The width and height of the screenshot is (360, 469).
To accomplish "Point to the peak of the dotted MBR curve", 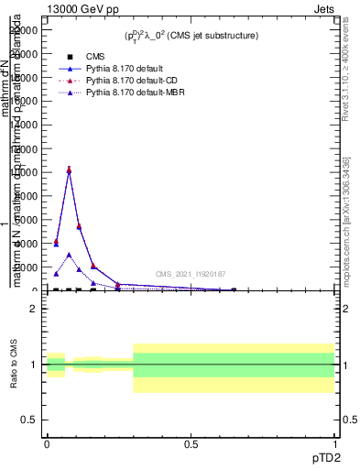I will click(x=69, y=255).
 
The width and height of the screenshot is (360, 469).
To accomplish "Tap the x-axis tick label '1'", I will click(x=335, y=443).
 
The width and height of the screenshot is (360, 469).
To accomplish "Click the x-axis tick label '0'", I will click(x=46, y=443).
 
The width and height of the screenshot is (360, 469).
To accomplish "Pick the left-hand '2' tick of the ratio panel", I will click(x=34, y=309).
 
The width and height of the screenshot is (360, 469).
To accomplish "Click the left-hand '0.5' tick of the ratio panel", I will click(x=30, y=420).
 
